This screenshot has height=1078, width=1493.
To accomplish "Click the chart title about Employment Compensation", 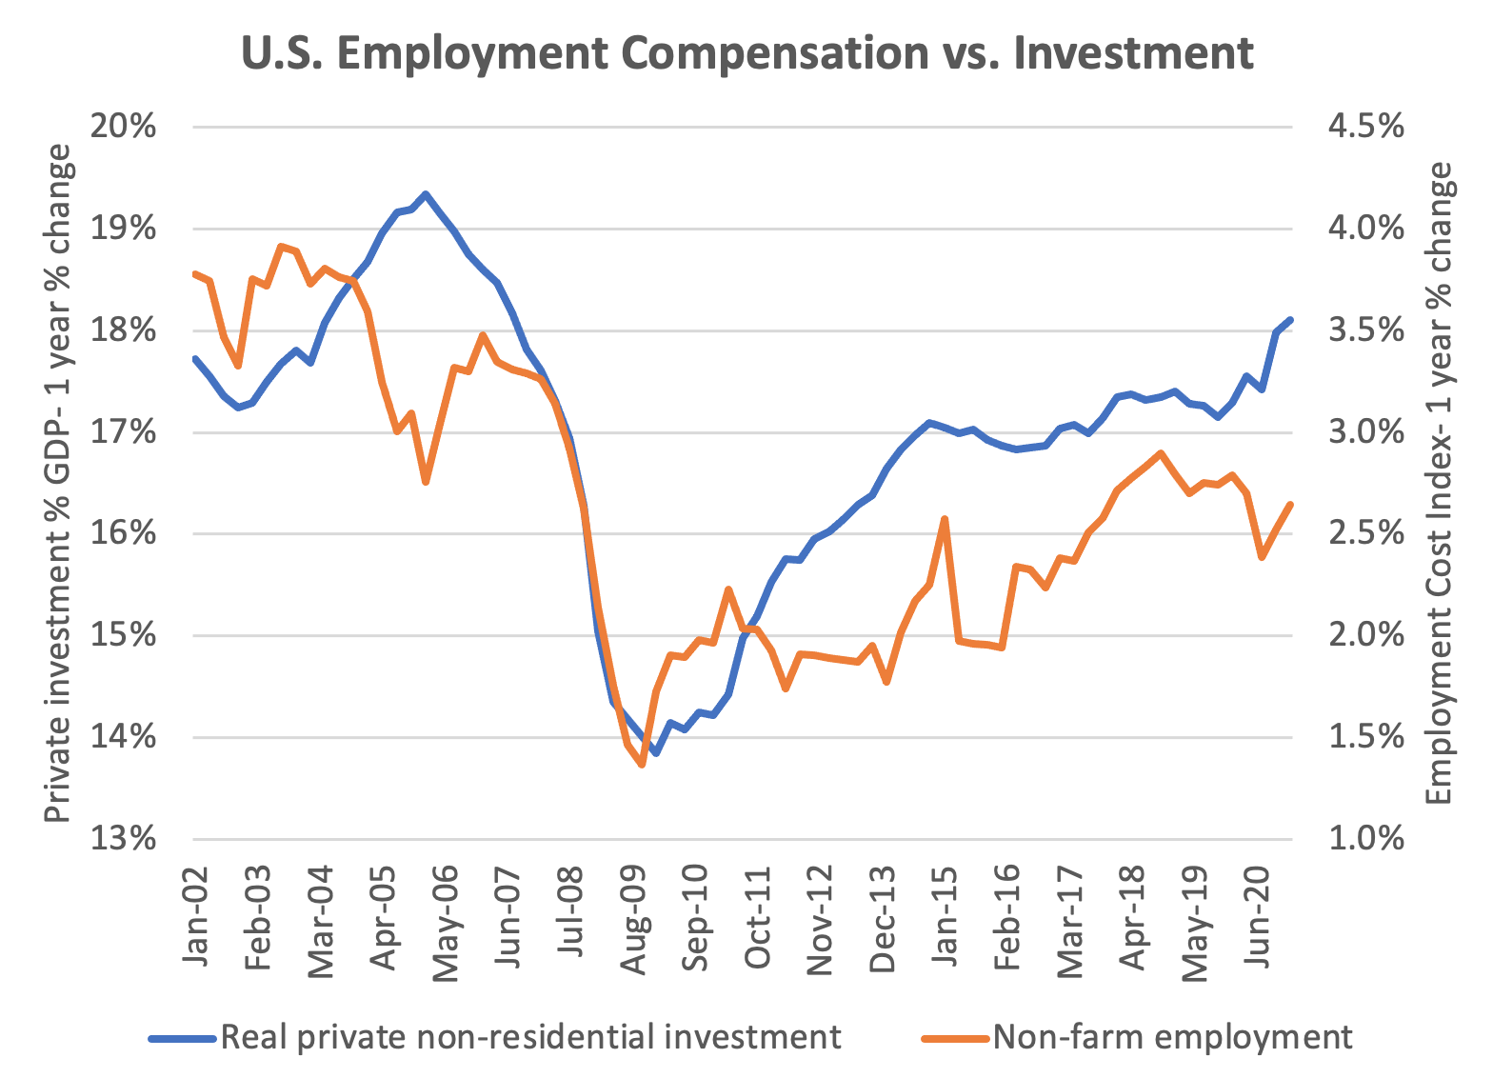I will point(746,52).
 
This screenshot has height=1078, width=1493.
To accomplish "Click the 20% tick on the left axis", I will point(123,127).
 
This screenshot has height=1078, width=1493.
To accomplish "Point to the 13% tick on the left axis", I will point(123,839).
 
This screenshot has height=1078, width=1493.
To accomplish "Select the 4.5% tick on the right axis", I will point(1364,127).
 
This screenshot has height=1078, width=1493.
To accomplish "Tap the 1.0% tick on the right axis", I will point(1364,839).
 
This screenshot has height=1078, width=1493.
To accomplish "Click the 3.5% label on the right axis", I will point(1364,330).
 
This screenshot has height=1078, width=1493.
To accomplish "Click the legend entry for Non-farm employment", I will point(1171,1037).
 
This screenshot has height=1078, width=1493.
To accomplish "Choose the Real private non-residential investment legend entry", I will point(529,1037).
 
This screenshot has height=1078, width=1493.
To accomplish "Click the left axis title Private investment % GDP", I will point(59,483).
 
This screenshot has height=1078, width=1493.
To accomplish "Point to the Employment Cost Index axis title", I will point(1440,483).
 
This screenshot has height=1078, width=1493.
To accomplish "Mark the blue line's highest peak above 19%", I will point(426,194).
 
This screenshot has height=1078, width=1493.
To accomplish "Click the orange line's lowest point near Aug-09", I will point(642,764).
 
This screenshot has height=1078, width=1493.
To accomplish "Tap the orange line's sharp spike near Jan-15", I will point(944,519).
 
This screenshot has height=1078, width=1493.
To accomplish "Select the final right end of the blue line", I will point(1290,320).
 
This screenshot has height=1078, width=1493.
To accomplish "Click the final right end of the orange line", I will point(1290,505).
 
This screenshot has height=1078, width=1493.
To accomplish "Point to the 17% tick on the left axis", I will point(123,432).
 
